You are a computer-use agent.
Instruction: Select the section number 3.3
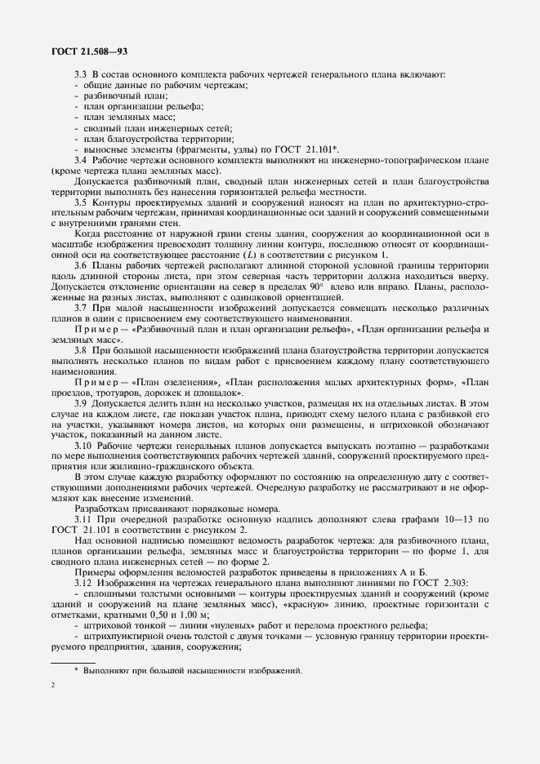tap(81, 76)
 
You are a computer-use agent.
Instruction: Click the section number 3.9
tap(81, 402)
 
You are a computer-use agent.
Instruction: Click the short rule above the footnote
tap(73, 660)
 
